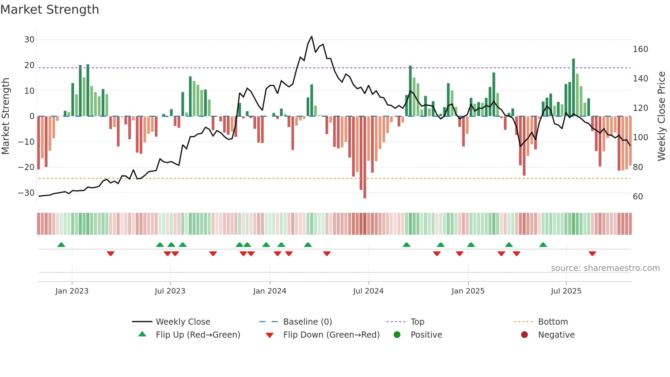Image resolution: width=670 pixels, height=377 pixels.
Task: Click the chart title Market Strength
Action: (50, 10)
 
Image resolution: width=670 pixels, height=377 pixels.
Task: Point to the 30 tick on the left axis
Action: (29, 40)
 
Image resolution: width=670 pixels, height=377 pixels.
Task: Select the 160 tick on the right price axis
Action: (640, 49)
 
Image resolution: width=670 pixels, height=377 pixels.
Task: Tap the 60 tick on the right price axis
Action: (638, 197)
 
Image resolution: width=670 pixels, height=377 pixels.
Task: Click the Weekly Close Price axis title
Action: (661, 116)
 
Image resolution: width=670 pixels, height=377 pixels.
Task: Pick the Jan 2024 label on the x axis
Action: (270, 291)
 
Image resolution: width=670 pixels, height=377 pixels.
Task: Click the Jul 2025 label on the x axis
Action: (566, 291)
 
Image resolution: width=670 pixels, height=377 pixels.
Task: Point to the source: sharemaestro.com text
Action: (605, 268)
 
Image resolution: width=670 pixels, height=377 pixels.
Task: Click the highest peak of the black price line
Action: (311, 37)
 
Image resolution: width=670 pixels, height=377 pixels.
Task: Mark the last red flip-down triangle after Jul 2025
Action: (592, 253)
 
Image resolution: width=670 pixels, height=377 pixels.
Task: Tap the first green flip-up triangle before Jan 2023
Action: (61, 245)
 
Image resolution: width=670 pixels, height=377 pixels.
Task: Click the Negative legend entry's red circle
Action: (524, 335)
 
